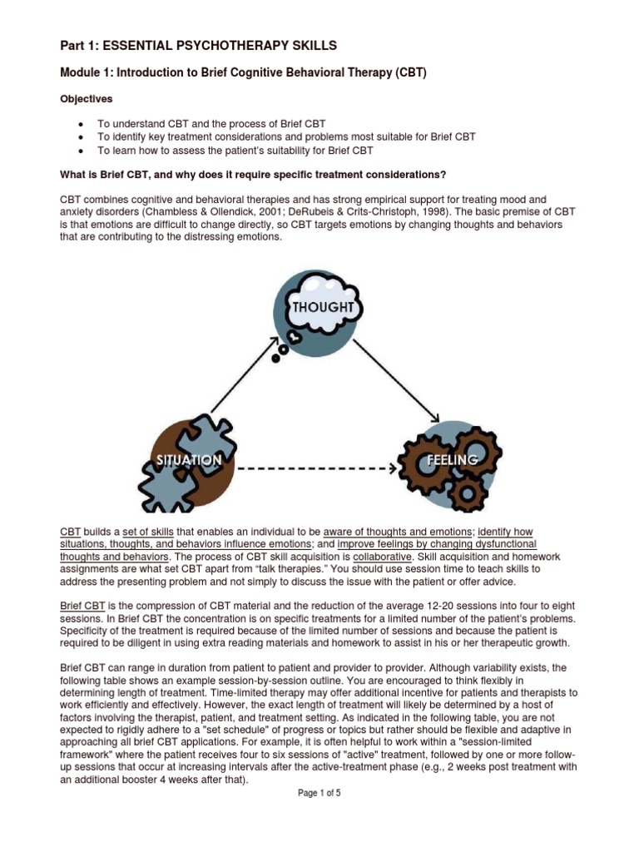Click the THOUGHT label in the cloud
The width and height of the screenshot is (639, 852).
click(x=324, y=307)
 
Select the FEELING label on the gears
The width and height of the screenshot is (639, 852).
click(x=452, y=459)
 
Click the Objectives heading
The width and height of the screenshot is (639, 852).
click(x=86, y=98)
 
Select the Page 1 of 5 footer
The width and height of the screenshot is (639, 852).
click(x=319, y=793)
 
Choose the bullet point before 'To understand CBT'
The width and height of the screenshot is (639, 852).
click(x=78, y=123)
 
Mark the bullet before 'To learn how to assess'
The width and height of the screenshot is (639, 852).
click(x=78, y=151)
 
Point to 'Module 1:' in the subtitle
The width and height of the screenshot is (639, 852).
click(x=86, y=72)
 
